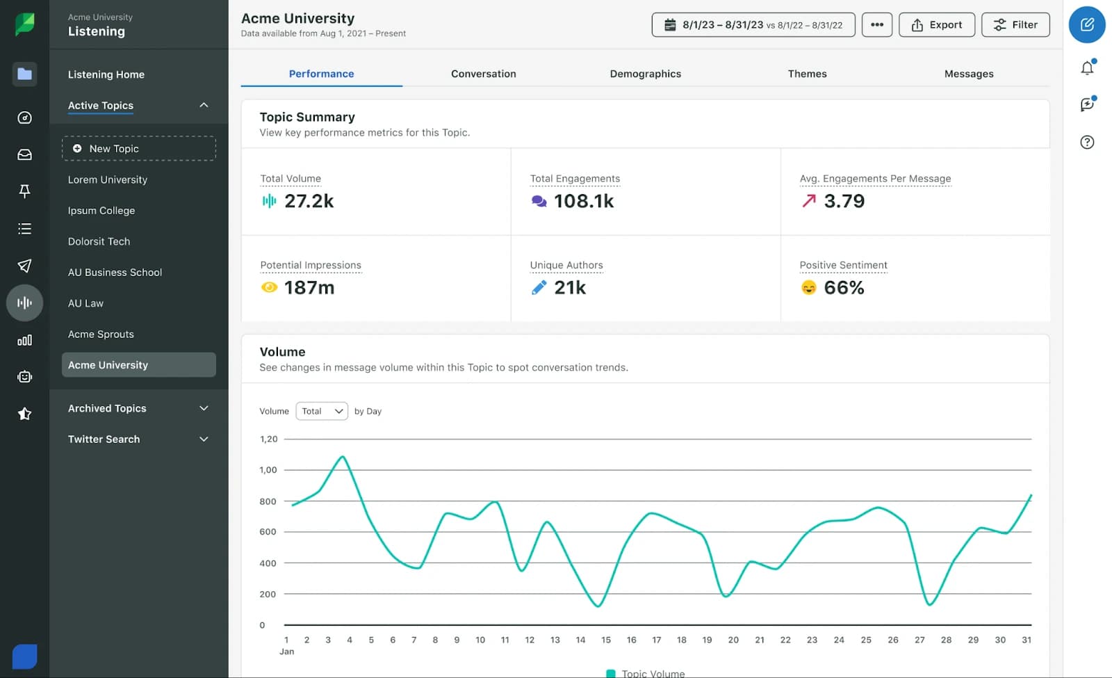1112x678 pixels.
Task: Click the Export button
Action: (936, 25)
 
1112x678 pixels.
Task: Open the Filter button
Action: (1015, 25)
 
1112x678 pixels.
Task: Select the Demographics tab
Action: (645, 74)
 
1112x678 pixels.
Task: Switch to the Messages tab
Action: (968, 74)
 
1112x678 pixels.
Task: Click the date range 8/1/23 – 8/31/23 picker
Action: (753, 25)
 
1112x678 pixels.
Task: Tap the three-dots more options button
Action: (876, 25)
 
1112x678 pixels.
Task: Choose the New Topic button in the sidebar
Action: (138, 149)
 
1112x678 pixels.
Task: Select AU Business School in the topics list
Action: (115, 273)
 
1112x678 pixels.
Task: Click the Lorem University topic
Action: (108, 179)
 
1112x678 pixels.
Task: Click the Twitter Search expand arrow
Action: (204, 439)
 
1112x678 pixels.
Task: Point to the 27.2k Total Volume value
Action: (309, 202)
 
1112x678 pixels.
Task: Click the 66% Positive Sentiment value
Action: (844, 288)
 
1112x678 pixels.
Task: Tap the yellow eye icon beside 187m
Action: (269, 287)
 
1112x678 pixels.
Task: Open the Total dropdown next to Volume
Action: (322, 411)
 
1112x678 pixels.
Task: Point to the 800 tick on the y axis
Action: (268, 501)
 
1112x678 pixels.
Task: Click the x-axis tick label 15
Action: (606, 640)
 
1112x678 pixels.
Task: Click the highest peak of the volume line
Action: (343, 457)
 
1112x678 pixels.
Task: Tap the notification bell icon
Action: (1087, 68)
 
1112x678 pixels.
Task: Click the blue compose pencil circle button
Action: (1087, 25)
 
